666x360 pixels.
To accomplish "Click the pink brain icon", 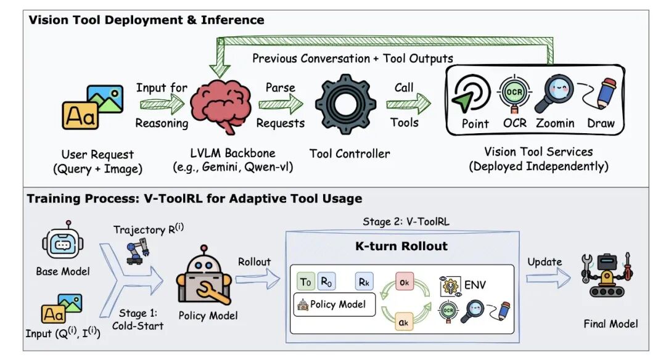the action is (220, 105).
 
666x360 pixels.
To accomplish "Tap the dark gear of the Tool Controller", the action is (345, 104).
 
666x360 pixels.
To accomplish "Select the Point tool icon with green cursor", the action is (470, 94).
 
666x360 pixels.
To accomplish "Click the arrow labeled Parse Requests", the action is (281, 104).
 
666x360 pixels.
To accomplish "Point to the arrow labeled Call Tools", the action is (408, 104).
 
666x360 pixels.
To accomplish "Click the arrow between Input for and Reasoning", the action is (162, 104).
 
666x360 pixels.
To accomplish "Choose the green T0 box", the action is (306, 282).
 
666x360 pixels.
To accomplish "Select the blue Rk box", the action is (364, 282).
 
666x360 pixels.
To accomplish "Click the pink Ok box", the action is (404, 282).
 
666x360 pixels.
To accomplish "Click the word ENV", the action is (475, 285).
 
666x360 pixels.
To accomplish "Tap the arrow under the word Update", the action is (548, 279).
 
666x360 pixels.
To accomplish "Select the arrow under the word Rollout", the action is (258, 279).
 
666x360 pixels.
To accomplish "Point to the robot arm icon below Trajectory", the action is (138, 251).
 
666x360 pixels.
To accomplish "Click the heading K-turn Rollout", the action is (401, 246).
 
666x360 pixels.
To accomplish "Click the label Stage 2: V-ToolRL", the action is (406, 221).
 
